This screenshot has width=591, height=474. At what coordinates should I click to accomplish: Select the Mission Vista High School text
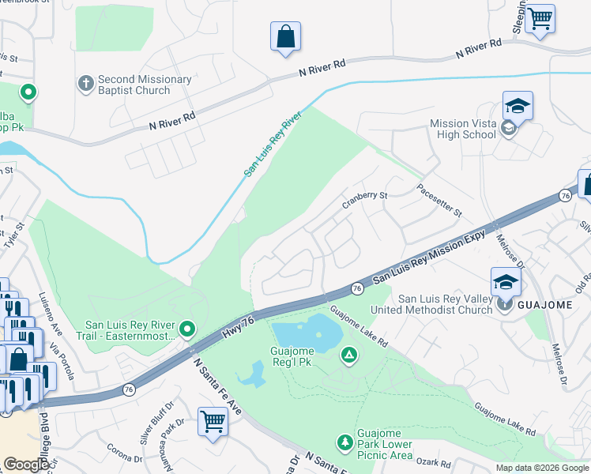click(x=463, y=129)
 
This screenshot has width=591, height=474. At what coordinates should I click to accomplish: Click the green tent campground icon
click(x=348, y=356)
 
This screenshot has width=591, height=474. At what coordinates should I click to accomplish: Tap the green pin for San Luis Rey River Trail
click(x=187, y=328)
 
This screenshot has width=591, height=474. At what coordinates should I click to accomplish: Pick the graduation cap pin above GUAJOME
click(x=506, y=281)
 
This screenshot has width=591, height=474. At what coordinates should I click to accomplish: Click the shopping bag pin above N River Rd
click(x=285, y=36)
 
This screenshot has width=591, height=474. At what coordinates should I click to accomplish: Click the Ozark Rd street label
click(x=435, y=464)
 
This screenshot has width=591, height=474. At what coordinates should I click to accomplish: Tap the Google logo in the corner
click(x=27, y=464)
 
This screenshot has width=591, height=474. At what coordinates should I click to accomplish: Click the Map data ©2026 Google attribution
click(x=542, y=468)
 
